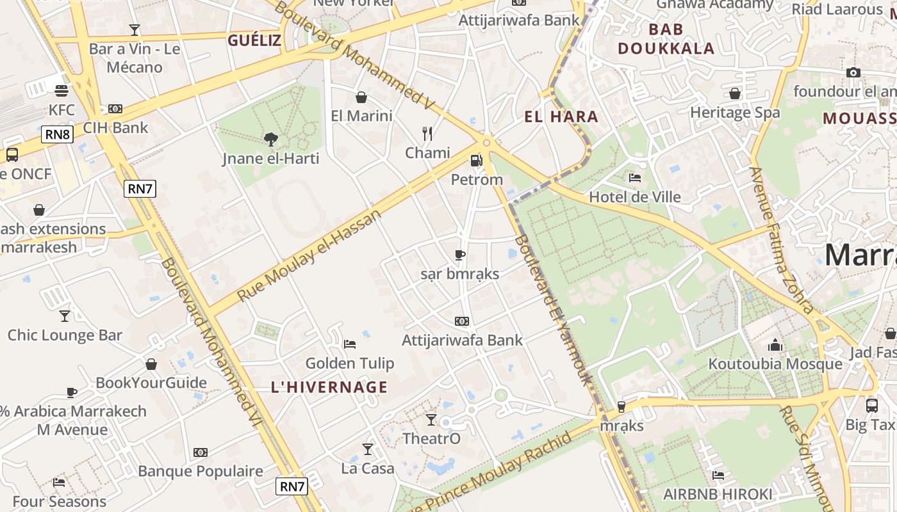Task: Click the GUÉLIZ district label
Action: (254, 40)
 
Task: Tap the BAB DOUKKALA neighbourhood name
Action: (666, 39)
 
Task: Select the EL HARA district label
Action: (561, 116)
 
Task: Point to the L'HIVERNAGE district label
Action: (329, 387)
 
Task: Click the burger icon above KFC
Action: (62, 90)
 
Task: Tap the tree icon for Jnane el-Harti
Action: (270, 139)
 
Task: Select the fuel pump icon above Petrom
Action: (476, 161)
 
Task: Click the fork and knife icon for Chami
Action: (427, 134)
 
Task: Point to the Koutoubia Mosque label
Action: (775, 364)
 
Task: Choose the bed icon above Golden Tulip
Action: (350, 344)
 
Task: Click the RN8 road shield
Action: (58, 134)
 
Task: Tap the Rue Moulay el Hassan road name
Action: (309, 255)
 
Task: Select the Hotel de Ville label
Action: (634, 196)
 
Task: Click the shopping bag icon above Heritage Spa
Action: (735, 93)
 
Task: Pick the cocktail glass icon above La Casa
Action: (368, 449)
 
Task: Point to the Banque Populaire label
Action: (201, 471)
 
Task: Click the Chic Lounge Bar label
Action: (65, 335)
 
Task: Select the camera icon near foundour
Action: (853, 73)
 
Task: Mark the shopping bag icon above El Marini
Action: (361, 97)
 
